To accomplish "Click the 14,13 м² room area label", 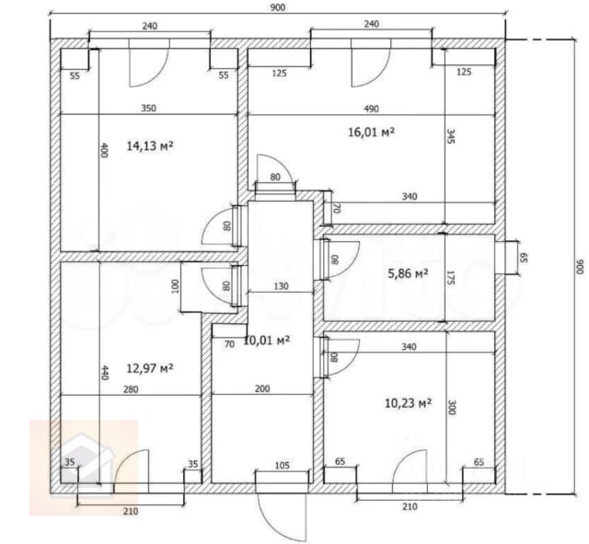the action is (150, 145).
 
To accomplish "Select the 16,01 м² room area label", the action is (371, 133).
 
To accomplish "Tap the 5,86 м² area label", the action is (408, 273).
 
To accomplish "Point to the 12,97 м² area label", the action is (150, 368).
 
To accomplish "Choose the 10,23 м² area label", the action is (408, 403).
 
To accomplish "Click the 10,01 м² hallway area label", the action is (267, 341).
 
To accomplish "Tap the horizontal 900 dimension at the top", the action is (278, 7).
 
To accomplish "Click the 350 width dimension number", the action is (148, 109).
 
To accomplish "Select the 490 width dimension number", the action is (371, 109).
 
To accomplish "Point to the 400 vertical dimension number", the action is (104, 150).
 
